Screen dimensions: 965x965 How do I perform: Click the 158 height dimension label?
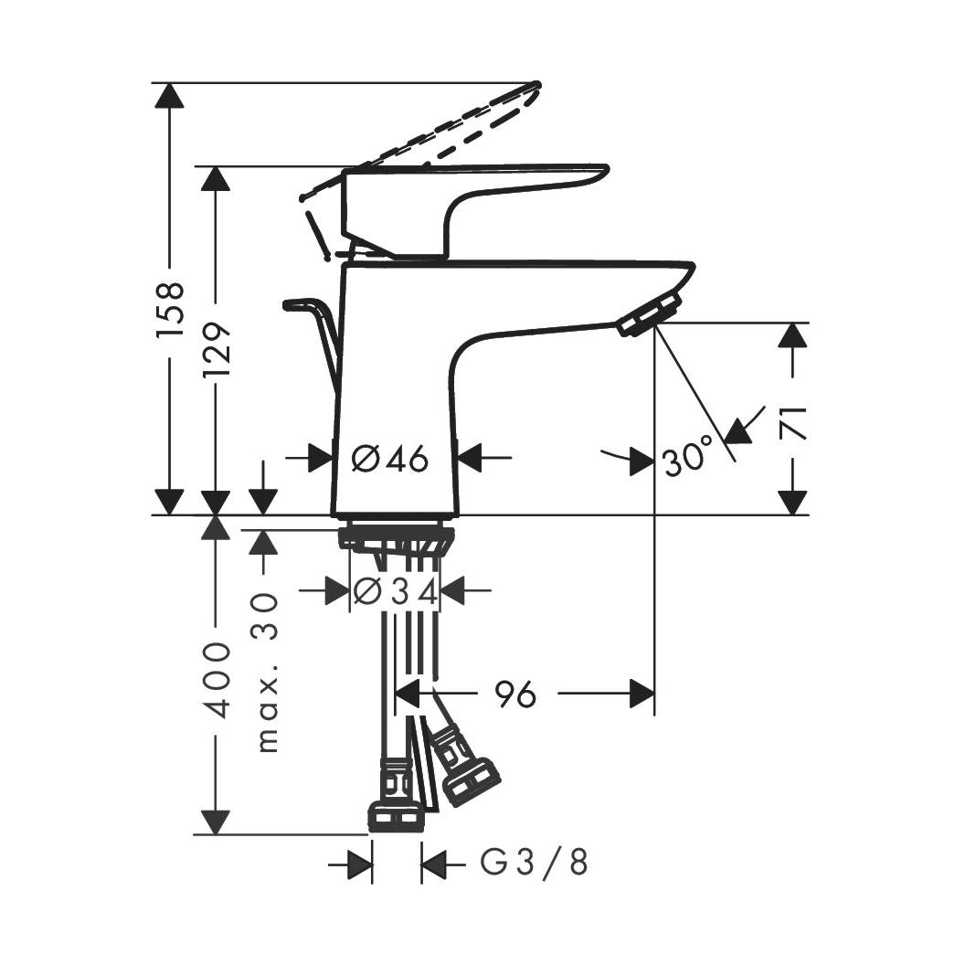tap(170, 309)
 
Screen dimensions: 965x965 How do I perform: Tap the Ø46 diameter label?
tap(390, 459)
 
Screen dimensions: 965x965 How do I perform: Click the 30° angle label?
tap(688, 456)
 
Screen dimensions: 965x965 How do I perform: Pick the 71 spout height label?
tap(792, 423)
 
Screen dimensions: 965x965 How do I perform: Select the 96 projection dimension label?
tap(515, 695)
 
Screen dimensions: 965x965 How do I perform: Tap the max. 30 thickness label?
tap(266, 672)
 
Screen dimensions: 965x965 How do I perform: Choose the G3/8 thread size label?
tap(534, 863)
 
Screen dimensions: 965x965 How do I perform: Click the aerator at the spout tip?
tap(650, 313)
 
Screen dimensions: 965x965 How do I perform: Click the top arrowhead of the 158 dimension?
tap(169, 95)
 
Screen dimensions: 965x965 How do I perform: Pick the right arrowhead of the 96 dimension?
tap(642, 695)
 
